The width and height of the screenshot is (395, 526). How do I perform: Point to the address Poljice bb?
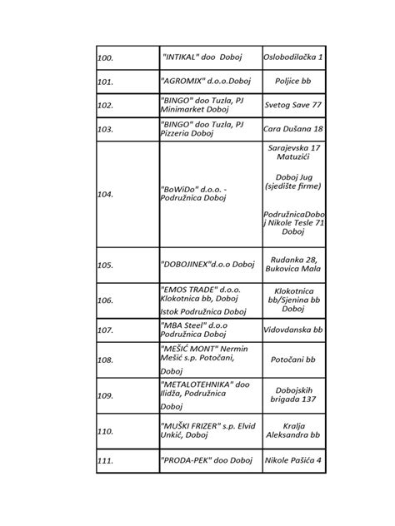tap(293, 82)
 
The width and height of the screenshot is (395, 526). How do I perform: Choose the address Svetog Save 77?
tap(293, 106)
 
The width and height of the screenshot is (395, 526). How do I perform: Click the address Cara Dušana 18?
tap(293, 129)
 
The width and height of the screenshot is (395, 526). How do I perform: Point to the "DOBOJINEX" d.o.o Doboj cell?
tap(206, 265)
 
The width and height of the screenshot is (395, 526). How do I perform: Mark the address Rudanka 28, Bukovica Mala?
tap(293, 265)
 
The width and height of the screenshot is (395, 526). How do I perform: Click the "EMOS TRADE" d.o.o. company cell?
tap(204, 300)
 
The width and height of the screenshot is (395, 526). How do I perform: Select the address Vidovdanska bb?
tap(293, 330)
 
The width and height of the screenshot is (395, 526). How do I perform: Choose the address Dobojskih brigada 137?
tap(293, 395)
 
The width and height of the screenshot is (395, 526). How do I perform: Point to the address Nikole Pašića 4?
tap(293, 459)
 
